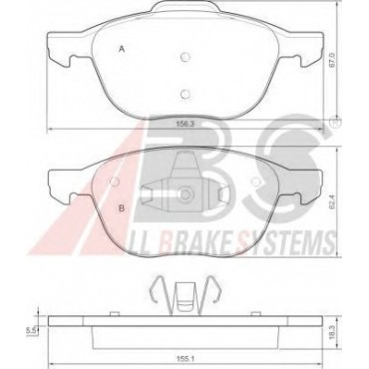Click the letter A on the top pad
point(122,49)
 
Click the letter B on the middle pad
point(122,208)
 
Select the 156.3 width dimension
point(184,124)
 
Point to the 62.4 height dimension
point(331,202)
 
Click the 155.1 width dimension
point(184,358)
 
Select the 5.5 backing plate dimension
point(30,330)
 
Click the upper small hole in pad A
point(184,57)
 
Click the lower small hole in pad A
point(184,94)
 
